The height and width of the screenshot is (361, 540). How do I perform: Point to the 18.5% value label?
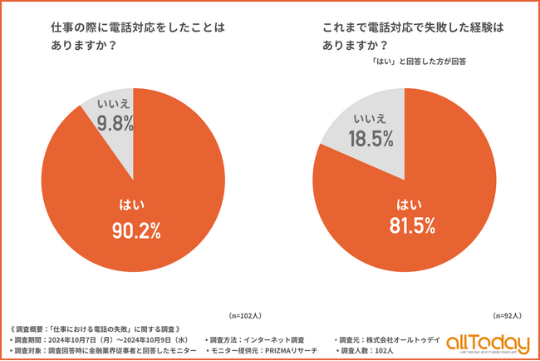coord(371,139)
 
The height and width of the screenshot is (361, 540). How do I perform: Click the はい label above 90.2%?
coord(135,202)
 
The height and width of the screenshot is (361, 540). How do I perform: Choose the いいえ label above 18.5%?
coord(371,117)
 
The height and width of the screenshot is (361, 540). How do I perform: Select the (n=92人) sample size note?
coord(506,316)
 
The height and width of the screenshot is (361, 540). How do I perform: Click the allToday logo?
coord(488,344)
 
